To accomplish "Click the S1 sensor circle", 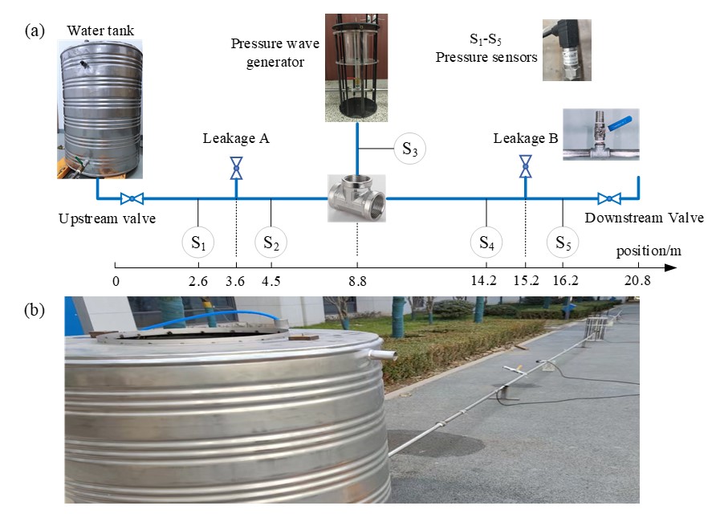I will coord(197,242).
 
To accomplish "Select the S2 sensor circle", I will coord(271,242).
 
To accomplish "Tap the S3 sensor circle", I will coord(409,149).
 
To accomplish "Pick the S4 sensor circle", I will coord(486,242).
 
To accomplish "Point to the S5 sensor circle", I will coord(563,242).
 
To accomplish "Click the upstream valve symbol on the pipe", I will coord(131,198).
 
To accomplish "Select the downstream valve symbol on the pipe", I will coord(609,198).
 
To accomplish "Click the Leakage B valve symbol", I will coord(525,166).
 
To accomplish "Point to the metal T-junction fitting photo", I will coord(357,197).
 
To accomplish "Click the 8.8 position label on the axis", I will coord(357,281).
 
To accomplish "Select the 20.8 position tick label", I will coord(638,281).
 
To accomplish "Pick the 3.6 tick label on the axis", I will coord(236,281).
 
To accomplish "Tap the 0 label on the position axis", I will coord(116,281).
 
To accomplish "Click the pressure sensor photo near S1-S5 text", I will coord(567,50).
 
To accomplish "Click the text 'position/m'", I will coord(649,251).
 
